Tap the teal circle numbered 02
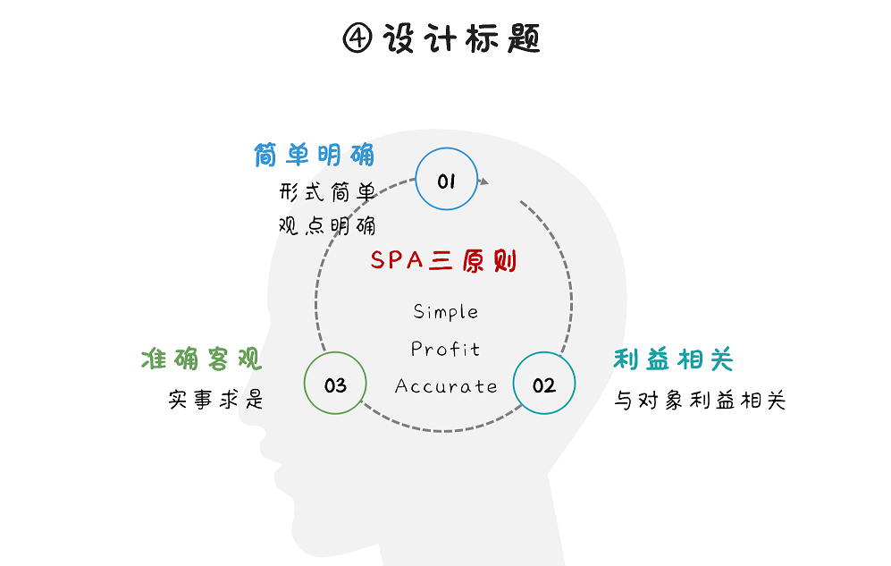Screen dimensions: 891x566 pyautogui.click(x=544, y=385)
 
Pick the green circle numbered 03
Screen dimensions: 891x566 pyautogui.click(x=335, y=385)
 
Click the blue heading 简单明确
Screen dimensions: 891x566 pyautogui.click(x=315, y=155)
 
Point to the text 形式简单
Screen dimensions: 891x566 pyautogui.click(x=327, y=191)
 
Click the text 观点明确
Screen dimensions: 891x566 pyautogui.click(x=327, y=224)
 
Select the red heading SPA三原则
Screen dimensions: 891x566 pyautogui.click(x=443, y=261)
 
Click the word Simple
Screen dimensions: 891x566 pyautogui.click(x=445, y=312)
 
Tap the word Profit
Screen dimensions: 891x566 pyautogui.click(x=445, y=349)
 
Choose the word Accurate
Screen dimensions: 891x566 pyautogui.click(x=445, y=386)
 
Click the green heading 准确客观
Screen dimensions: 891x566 pyautogui.click(x=201, y=359)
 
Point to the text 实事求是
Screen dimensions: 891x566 pyautogui.click(x=216, y=399)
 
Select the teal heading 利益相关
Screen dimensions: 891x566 pyautogui.click(x=673, y=359)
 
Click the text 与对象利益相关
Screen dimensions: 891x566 pyautogui.click(x=699, y=400)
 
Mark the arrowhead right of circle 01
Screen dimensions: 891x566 pyautogui.click(x=484, y=182)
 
